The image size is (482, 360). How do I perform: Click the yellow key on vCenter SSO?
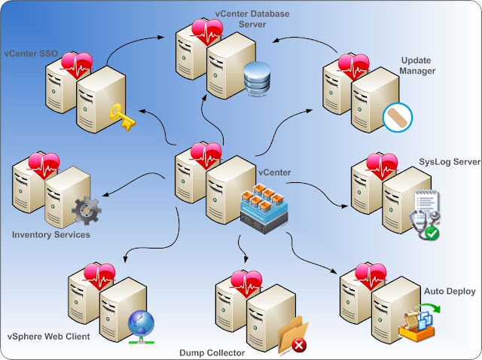122,117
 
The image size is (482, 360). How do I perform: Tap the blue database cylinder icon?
257,78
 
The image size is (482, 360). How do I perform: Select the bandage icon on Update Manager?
398,117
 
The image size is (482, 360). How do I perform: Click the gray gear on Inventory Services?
87,211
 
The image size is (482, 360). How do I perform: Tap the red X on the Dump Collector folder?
299,346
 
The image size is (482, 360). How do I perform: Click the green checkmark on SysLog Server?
432,233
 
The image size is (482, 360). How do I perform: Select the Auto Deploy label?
450,291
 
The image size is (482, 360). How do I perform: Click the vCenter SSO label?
31,53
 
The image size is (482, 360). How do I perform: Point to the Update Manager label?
417,66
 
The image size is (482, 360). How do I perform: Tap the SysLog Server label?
450,162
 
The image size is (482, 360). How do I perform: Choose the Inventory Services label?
51,235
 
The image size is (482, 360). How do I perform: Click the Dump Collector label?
212,352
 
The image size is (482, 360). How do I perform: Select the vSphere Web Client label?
48,337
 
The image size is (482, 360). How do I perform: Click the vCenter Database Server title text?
252,19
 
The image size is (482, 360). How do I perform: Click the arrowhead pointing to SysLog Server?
345,206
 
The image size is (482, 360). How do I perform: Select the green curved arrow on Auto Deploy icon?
429,307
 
